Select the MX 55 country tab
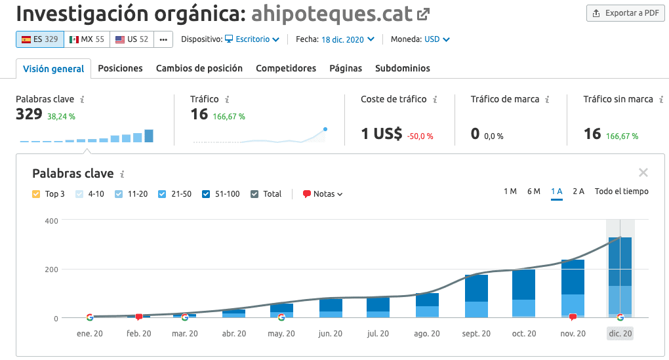pos(87,39)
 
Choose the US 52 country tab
pos(132,39)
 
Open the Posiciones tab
pos(120,68)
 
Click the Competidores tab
pos(286,68)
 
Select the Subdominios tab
pos(403,68)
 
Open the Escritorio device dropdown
pos(253,39)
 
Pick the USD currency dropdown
pos(437,39)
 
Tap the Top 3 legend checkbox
pos(36,194)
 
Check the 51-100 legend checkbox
pos(207,194)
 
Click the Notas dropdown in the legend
pos(323,194)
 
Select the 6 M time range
pos(533,191)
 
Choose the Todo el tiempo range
pos(621,191)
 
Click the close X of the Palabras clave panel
pos(643,173)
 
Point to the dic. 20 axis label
pos(620,334)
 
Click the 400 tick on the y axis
pos(51,221)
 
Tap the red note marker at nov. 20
pos(573,317)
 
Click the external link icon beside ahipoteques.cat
pos(424,13)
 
